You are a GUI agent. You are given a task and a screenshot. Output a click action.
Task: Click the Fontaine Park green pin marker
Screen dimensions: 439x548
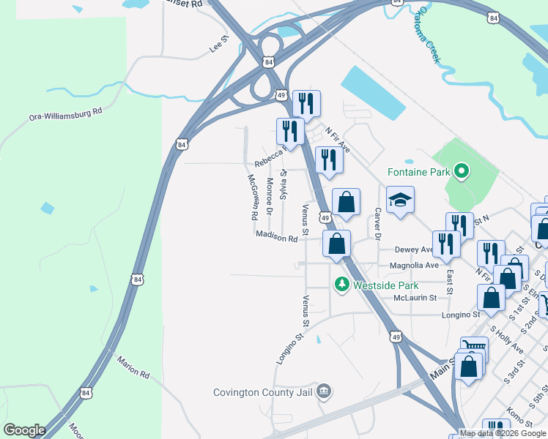[x=461, y=173]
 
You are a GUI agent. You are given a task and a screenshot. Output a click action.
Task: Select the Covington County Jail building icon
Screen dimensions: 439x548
[x=325, y=391]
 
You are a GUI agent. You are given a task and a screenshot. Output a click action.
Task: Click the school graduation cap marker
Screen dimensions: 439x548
[x=401, y=200]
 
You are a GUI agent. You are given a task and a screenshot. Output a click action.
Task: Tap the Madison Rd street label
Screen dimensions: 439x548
[x=277, y=236]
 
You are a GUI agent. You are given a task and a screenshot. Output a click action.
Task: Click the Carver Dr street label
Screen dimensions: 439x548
[x=378, y=224]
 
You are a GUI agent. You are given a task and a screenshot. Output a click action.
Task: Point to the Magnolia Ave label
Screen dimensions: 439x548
[x=414, y=265]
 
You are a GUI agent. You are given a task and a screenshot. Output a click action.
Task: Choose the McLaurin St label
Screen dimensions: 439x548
[x=415, y=298]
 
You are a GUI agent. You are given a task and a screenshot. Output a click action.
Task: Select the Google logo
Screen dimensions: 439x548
[x=24, y=430]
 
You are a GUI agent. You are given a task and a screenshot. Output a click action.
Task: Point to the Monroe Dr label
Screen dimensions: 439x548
[x=270, y=195]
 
